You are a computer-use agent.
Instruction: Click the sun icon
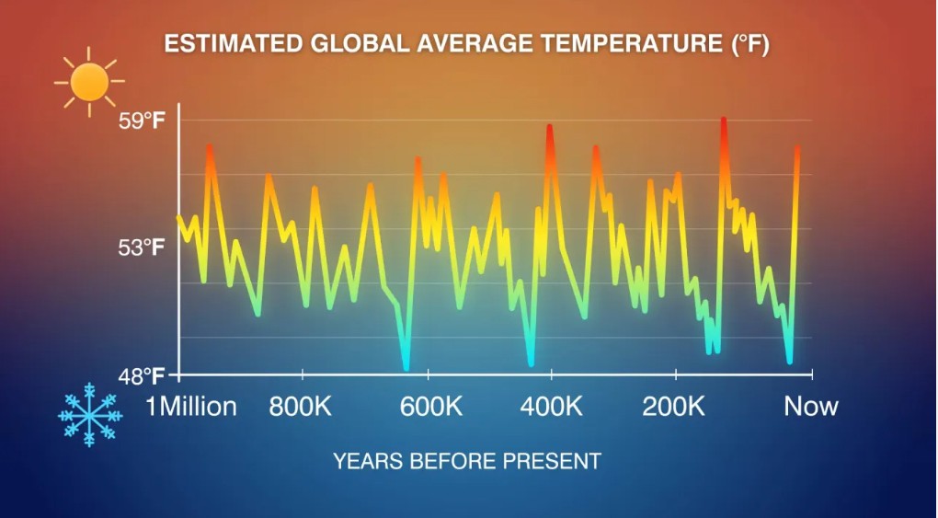tap(88, 82)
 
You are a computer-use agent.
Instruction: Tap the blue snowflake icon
tap(89, 415)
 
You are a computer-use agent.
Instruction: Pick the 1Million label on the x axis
tap(191, 406)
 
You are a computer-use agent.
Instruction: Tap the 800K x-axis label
tap(300, 406)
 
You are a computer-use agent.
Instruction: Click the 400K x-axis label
tap(553, 406)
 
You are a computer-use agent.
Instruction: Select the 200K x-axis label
tap(674, 406)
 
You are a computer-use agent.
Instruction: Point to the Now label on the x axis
tap(811, 406)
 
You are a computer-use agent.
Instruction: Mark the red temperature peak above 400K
tap(550, 127)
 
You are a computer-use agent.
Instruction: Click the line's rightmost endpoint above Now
tap(798, 148)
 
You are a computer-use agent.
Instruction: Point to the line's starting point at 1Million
tap(178, 217)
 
